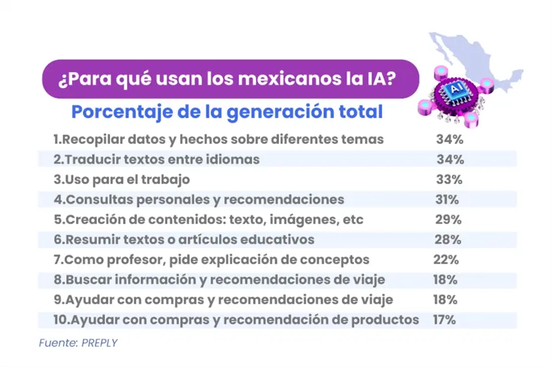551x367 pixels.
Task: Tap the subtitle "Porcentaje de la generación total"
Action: click(x=227, y=111)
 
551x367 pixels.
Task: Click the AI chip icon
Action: click(x=456, y=89)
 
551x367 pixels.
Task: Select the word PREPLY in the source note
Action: click(x=100, y=343)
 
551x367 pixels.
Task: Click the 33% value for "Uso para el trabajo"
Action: click(x=449, y=180)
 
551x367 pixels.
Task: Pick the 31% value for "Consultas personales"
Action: click(x=445, y=200)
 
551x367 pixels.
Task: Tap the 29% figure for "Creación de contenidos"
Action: click(x=447, y=220)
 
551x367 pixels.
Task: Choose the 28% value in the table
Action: click(x=447, y=240)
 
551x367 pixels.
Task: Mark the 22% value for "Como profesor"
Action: click(x=445, y=260)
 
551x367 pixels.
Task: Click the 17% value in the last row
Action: click(x=444, y=320)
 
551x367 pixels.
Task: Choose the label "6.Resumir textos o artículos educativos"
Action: click(x=184, y=240)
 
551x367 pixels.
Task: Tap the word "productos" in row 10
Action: click(x=388, y=320)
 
